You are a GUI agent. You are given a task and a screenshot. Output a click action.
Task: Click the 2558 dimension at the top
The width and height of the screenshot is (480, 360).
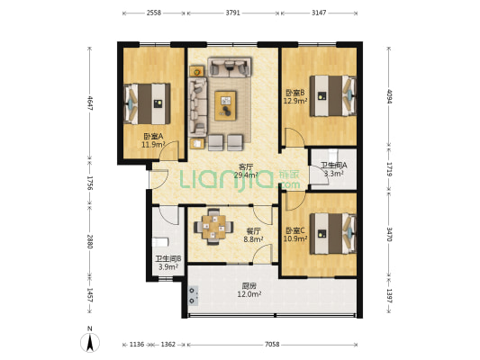pos(154,13)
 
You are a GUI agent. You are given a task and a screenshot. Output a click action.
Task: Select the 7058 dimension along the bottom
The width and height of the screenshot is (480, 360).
pos(272,345)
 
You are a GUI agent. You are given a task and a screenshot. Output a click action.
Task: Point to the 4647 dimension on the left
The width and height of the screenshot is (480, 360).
pos(90,103)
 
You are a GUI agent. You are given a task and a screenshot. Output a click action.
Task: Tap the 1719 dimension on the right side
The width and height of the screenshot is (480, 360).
pos(389,169)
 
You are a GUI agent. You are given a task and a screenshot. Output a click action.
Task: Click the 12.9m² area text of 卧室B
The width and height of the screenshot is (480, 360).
pos(295,100)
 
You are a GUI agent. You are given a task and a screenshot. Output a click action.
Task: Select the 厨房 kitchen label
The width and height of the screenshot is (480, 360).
pos(249,286)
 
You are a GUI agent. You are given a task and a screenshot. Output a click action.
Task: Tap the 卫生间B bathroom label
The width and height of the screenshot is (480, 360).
pos(168,259)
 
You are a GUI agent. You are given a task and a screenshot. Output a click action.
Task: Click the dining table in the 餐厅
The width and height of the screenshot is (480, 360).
pos(213,227)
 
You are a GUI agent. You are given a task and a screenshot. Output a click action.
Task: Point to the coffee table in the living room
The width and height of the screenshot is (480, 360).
pos(226,106)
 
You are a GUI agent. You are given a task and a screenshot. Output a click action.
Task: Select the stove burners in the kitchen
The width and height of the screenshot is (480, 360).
pos(192,296)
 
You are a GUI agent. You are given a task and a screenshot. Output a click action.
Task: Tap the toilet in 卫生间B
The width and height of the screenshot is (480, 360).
pos(160,242)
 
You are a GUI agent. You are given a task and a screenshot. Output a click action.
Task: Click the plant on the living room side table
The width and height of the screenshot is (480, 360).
pos(197,72)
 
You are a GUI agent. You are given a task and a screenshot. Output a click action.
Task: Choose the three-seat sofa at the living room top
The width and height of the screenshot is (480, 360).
pos(230,67)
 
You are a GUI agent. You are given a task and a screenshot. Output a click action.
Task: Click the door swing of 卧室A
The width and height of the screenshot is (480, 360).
pos(169,150)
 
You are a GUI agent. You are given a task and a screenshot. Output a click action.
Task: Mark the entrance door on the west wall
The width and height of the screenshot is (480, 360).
pos(158,179)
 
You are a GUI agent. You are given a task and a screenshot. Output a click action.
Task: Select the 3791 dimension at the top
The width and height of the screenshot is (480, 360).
pos(233,13)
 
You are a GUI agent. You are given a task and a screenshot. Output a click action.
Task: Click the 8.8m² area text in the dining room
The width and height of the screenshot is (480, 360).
pos(253,239)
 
